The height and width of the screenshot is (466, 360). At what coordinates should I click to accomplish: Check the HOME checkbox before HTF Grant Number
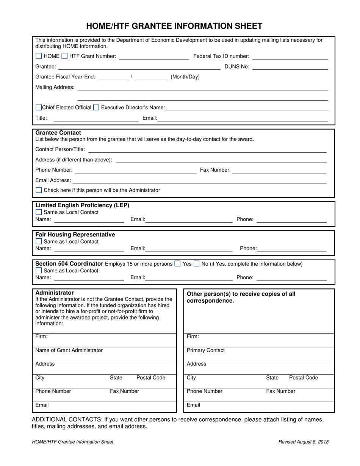pos(39,56)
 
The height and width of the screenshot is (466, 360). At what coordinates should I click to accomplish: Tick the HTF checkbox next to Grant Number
pos(64,56)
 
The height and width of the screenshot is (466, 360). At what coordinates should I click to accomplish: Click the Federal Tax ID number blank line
pos(290,57)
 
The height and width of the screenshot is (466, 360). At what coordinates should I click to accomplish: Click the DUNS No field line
pos(290,67)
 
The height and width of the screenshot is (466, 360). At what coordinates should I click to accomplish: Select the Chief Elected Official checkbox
pos(38,108)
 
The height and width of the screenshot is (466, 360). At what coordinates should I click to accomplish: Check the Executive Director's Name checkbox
pos(96,108)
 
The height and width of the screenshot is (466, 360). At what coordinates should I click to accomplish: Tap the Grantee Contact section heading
pos(58,133)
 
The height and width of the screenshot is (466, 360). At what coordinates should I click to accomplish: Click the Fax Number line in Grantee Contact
pos(279,170)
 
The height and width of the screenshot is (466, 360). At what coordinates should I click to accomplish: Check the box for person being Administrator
pos(39,190)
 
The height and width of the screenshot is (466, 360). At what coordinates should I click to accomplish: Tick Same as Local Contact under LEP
pos(39,213)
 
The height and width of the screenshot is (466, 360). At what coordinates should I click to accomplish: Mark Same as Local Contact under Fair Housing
pos(39,242)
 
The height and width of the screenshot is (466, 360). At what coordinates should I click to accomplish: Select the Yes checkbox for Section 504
pos(177,264)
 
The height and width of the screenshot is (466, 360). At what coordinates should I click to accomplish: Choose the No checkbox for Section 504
pos(197,264)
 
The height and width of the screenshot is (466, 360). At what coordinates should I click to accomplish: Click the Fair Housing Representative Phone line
pos(292,249)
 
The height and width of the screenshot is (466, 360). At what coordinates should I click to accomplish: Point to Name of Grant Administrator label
pos(69,350)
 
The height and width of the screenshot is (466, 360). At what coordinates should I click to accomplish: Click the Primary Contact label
pos(206,350)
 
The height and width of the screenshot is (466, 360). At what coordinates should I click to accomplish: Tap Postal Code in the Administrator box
pos(151,378)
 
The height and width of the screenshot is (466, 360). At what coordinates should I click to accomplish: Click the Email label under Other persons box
pos(193,405)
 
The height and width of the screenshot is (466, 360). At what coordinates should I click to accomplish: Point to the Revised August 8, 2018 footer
pos(303,442)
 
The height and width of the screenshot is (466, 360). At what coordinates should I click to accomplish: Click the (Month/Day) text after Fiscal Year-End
pos(185,77)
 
